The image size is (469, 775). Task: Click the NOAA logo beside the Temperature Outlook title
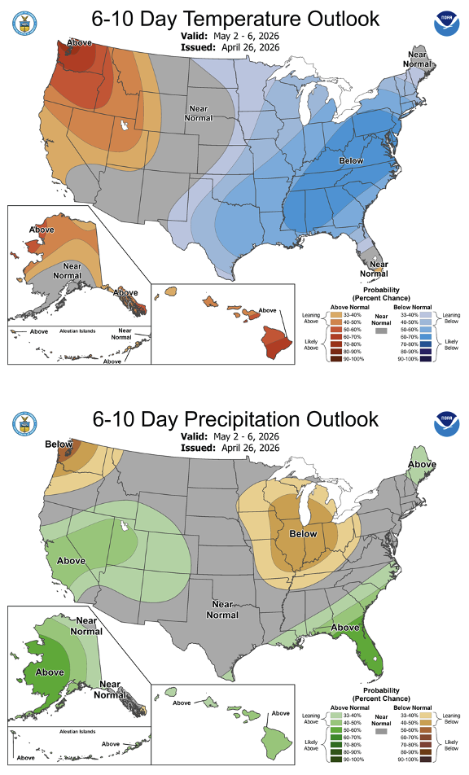[x=445, y=22]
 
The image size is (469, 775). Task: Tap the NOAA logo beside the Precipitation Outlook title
[x=445, y=422]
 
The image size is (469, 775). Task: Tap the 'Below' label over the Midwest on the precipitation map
[x=304, y=535]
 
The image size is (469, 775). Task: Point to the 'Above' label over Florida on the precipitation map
[x=344, y=628]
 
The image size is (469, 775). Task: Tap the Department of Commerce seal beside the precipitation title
[x=22, y=422]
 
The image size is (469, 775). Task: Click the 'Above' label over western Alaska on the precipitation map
[x=50, y=672]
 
